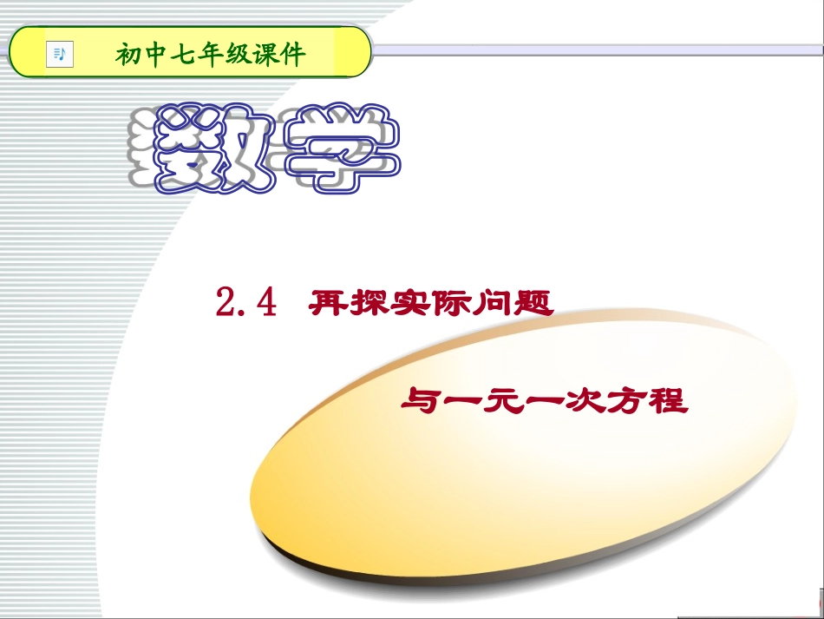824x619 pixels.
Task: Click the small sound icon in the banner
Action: tap(60, 54)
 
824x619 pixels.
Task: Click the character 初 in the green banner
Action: tap(128, 56)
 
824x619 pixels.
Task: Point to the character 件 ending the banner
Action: tap(295, 56)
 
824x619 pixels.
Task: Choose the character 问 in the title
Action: tap(492, 303)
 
